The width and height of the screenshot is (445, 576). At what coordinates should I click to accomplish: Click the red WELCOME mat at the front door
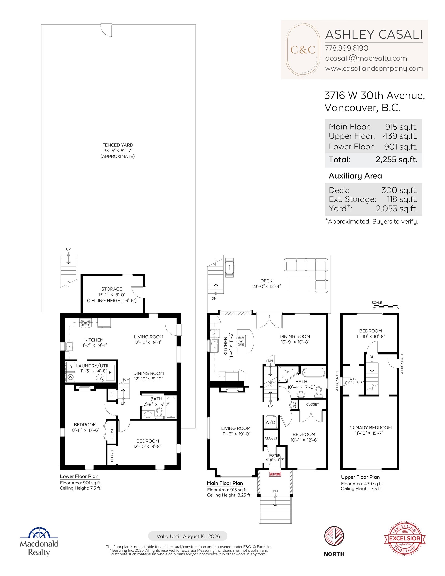tap(275, 474)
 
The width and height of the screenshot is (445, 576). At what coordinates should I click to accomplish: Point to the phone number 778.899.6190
tap(346, 48)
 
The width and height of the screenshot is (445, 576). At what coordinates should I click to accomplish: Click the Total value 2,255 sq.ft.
tap(396, 160)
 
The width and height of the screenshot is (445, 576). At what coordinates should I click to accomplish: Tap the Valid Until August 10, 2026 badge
tap(188, 536)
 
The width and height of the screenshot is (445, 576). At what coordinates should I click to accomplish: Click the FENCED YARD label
tap(118, 145)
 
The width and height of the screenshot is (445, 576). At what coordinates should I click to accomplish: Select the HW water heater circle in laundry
tap(100, 378)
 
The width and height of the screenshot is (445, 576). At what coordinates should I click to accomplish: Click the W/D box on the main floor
tap(270, 422)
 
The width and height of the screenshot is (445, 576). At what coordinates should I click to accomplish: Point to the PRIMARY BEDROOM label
tap(370, 427)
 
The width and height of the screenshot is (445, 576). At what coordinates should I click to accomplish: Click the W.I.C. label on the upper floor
tap(353, 379)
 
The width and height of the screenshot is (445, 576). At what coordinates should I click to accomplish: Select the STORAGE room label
tap(112, 289)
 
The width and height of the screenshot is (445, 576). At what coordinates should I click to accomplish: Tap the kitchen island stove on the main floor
tap(241, 341)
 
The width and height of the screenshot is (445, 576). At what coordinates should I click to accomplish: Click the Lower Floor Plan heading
tap(79, 476)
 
